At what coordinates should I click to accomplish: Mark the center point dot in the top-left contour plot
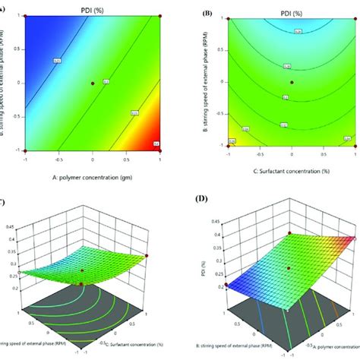[93, 82]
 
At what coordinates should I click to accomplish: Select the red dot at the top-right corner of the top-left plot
[159, 15]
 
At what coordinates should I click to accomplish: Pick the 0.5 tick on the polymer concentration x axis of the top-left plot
[126, 159]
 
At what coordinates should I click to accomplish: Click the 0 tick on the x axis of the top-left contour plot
[93, 159]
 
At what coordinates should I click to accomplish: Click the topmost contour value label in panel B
[296, 31]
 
